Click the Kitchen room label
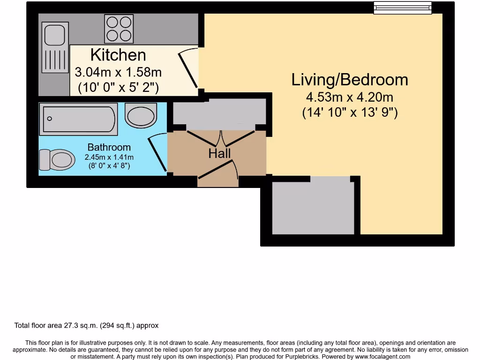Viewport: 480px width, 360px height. coord(118,55)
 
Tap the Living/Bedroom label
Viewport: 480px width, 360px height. coord(350,80)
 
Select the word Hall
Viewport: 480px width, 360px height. coord(219,153)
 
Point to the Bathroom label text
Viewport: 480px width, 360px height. coord(109,147)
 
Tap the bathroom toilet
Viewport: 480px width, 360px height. coord(56,160)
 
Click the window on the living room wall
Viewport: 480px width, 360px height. coord(402,8)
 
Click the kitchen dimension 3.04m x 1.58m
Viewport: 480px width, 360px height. coord(118,72)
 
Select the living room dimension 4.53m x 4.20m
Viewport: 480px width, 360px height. coord(350,97)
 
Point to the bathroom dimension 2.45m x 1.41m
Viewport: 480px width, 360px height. coord(109,157)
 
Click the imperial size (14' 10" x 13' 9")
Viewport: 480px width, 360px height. coord(350,113)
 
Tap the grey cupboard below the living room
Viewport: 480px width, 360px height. coord(313,208)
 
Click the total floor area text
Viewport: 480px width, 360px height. coord(87,325)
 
